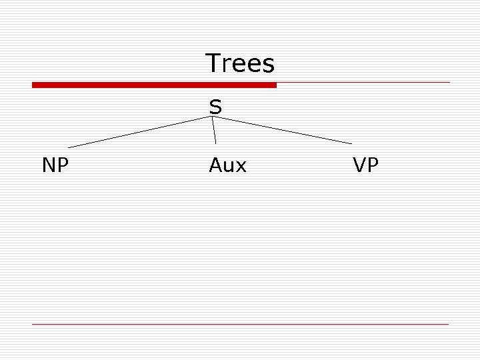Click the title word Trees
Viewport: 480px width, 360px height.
(240, 63)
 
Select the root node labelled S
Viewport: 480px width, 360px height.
(215, 107)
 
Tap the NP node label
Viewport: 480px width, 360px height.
(55, 165)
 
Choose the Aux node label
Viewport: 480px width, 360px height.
(227, 165)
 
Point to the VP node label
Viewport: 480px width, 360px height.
(365, 165)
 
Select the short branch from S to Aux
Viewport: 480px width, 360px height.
(215, 131)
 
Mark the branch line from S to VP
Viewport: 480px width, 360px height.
(283, 131)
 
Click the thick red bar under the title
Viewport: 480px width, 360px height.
(154, 85)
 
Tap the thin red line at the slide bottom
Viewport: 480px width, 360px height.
(240, 324)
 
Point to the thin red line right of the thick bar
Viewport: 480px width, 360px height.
(363, 83)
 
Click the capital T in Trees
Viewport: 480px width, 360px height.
(213, 63)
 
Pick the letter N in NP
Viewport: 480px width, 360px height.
(49, 165)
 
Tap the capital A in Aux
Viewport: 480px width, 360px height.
(216, 165)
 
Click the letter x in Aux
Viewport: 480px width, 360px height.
(241, 166)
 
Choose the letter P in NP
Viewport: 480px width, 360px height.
(63, 165)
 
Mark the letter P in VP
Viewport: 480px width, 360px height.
(373, 165)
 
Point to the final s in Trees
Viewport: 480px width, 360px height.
(269, 65)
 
